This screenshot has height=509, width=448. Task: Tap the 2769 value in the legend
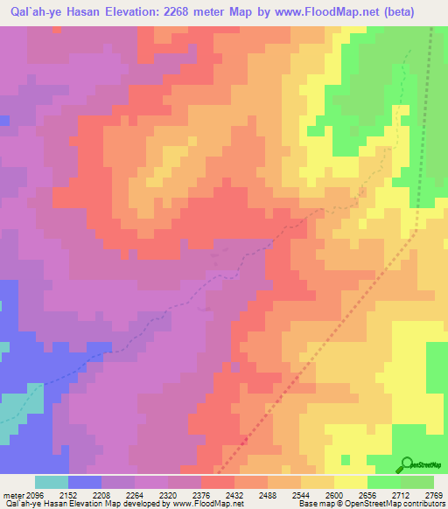(x=431, y=494)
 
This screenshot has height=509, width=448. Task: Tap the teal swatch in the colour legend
(x=51, y=482)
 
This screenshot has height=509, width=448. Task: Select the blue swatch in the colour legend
(x=84, y=482)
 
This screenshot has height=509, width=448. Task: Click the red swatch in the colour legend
(x=217, y=482)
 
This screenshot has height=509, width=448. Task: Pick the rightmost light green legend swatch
(x=416, y=482)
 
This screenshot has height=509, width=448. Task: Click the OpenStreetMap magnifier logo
(x=405, y=464)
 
